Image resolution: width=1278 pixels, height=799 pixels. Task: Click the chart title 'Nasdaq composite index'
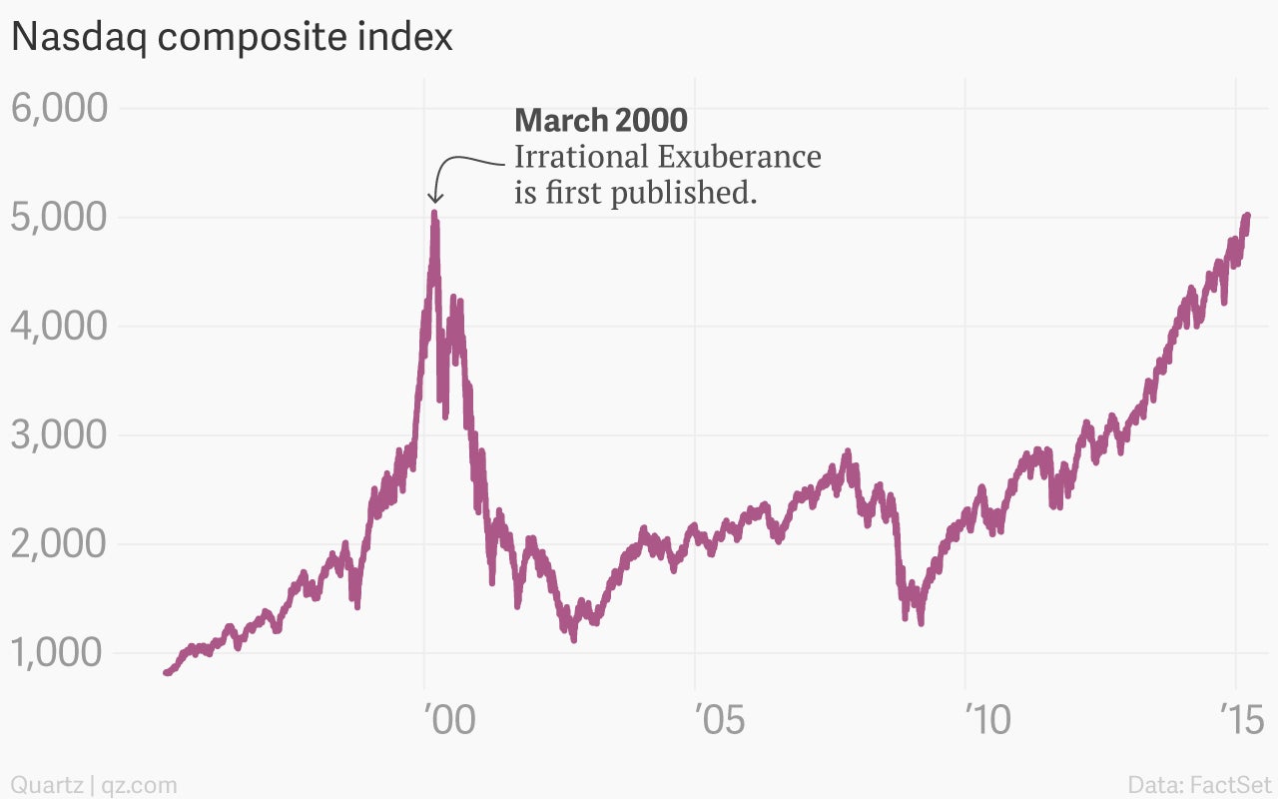232,37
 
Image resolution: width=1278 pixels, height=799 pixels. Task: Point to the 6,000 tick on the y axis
59,108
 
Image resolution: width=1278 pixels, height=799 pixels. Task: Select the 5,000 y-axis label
59,217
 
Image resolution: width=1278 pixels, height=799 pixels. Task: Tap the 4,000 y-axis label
59,326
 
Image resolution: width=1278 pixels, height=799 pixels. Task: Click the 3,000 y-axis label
59,435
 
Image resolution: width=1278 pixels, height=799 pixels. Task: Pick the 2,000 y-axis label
59,544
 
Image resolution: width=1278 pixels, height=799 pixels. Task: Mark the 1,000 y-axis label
59,653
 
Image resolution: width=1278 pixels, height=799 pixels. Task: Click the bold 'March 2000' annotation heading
601,121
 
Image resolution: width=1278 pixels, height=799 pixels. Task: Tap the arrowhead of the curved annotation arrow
434,200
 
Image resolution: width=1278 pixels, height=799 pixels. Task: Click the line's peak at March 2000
434,213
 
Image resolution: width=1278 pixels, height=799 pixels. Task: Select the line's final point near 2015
1247,217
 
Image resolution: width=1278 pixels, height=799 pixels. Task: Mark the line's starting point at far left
166,672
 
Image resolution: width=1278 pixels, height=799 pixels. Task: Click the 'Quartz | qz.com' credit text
94,784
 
